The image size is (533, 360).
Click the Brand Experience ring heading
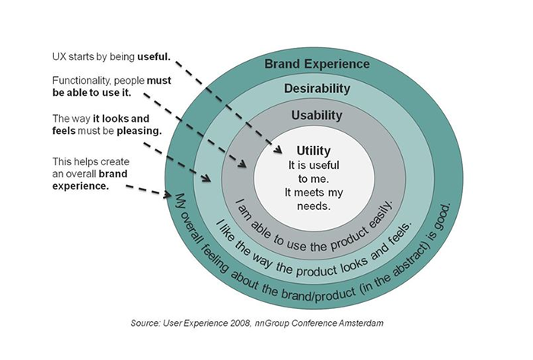pyautogui.click(x=318, y=62)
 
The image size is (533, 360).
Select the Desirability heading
pyautogui.click(x=317, y=88)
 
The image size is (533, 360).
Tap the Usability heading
pyautogui.click(x=317, y=116)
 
